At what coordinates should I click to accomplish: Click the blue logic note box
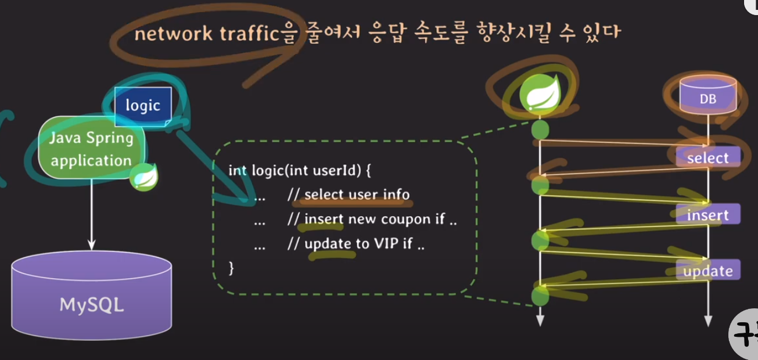point(143,106)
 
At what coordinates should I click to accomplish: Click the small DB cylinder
point(707,98)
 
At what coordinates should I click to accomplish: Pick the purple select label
point(707,158)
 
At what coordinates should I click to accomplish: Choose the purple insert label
point(707,215)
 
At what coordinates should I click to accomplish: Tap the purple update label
point(707,271)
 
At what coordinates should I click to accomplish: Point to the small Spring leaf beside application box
point(143,177)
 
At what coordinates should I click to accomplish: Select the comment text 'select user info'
point(357,195)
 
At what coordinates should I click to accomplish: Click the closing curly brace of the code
point(232,268)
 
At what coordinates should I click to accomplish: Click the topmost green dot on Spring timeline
point(540,129)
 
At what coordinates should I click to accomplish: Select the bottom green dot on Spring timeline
point(540,296)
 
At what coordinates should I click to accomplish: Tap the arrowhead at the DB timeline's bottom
point(707,321)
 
